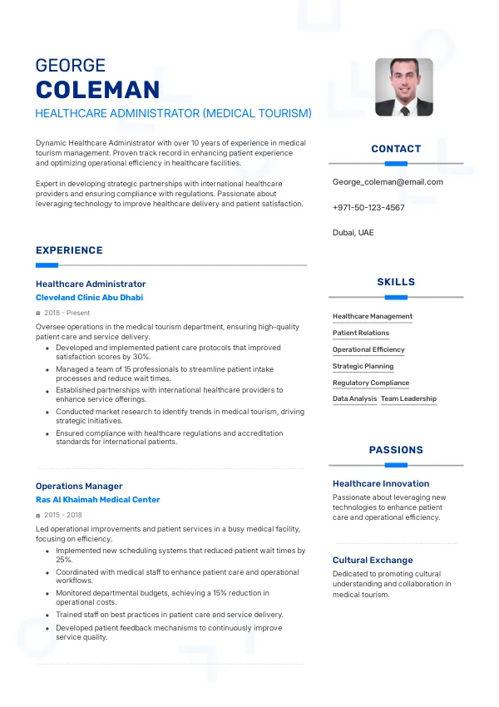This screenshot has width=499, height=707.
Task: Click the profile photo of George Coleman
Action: pos(403,87)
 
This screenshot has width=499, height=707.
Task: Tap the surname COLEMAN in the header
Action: pos(98,90)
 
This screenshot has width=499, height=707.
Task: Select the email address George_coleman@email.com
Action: pos(388,182)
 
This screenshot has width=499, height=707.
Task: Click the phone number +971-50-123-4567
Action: pos(368,207)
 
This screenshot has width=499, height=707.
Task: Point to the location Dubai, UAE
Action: pos(353,232)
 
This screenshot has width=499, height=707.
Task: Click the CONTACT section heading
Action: pos(396,149)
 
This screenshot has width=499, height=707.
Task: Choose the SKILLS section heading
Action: pos(396,282)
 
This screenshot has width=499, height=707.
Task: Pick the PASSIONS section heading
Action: pos(396,450)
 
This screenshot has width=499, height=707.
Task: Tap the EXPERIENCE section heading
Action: pos(69,250)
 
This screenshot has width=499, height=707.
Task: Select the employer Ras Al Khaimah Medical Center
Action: pos(97,500)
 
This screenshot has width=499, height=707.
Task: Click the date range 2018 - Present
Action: pos(67,313)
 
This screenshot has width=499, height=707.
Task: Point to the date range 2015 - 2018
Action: pos(63,516)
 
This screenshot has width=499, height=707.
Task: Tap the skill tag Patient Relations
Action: pos(361,333)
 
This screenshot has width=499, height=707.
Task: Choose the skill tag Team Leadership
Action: pos(408,399)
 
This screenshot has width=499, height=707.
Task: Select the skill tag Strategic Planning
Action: pos(363,366)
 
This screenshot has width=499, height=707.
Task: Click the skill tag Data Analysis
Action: pos(354,399)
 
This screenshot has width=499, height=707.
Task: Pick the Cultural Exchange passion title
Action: pos(373,560)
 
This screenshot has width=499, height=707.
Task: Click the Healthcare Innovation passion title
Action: pos(381,483)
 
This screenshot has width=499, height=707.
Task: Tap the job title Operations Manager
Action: pos(79,486)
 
